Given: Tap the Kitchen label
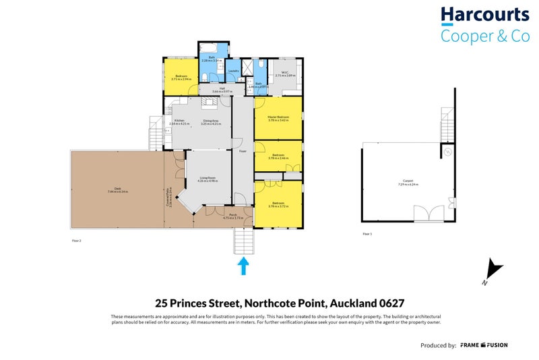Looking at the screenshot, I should coord(180,121).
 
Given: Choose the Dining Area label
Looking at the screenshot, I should coord(212,121).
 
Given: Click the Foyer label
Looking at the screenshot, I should coord(243,151).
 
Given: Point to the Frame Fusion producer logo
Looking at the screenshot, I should coord(484,345).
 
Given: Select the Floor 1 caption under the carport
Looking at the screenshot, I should coord(367,234).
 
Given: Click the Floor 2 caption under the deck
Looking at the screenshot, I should coord(76,240).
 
